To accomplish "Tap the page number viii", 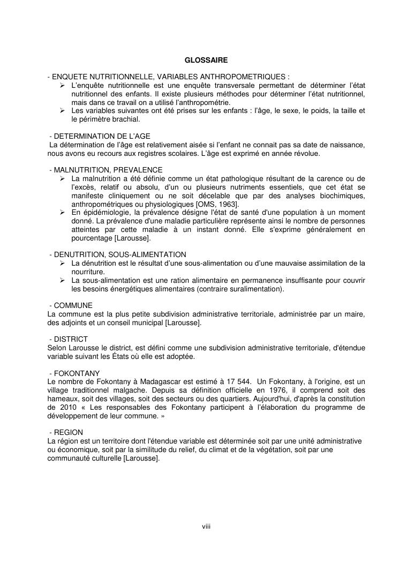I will point(206,527).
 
